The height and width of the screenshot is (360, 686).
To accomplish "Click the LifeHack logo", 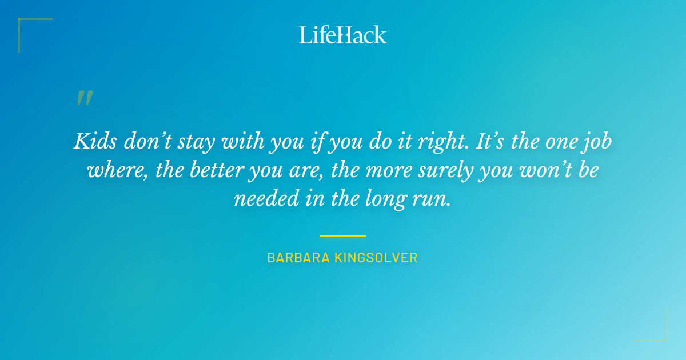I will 343,35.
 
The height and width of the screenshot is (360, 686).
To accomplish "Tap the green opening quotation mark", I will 84,98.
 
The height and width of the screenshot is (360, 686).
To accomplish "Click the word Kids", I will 93,141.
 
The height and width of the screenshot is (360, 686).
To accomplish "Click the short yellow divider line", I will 343,235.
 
